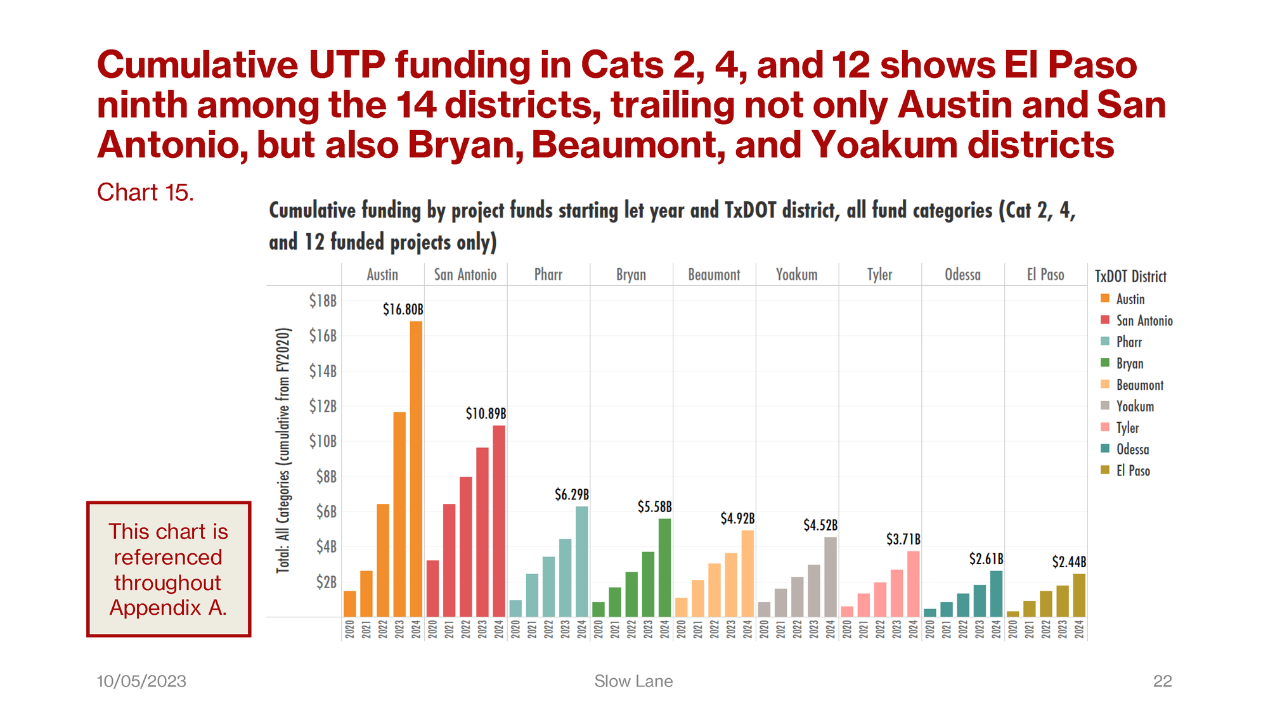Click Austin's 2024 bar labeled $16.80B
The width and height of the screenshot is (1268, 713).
(x=416, y=469)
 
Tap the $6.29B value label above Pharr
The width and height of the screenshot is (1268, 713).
(x=572, y=494)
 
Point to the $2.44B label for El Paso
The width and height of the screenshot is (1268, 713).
(x=1069, y=562)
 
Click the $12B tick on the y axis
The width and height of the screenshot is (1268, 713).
(x=323, y=406)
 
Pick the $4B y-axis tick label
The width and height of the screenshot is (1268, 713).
(x=326, y=546)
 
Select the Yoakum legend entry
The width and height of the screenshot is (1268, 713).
(x=1135, y=407)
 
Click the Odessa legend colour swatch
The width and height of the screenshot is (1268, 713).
(x=1105, y=449)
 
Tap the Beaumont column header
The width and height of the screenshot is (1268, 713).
(x=714, y=275)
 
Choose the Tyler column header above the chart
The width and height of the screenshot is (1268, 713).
(x=879, y=275)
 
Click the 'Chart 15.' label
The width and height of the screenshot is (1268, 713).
(x=145, y=193)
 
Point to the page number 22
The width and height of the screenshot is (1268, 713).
(x=1162, y=681)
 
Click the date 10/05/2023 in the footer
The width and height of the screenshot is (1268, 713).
(x=141, y=681)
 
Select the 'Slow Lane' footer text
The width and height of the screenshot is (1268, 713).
(x=633, y=681)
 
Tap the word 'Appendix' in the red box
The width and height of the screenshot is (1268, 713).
(x=155, y=608)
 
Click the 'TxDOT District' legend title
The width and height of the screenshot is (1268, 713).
(x=1130, y=276)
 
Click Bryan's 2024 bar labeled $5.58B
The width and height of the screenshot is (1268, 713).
(x=664, y=568)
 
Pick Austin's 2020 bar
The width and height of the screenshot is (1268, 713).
(x=350, y=604)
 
